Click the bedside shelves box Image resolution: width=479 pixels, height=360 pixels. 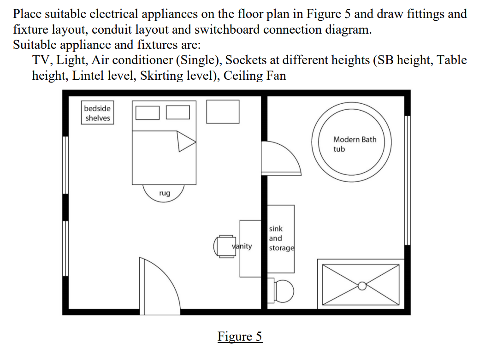(97, 113)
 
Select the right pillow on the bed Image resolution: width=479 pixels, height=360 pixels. (178, 112)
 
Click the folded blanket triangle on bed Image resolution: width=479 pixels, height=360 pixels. (186, 141)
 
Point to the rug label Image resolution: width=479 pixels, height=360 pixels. (164, 193)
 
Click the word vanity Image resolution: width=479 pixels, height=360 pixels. (242, 246)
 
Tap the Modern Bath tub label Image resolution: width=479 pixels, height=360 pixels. (354, 144)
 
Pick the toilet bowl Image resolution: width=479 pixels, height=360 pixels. (284, 291)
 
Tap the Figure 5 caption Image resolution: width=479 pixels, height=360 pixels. (239, 336)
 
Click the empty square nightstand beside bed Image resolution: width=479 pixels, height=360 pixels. (222, 112)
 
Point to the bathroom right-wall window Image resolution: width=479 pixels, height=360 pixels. (407, 180)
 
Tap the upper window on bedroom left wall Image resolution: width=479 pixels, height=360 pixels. (65, 165)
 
